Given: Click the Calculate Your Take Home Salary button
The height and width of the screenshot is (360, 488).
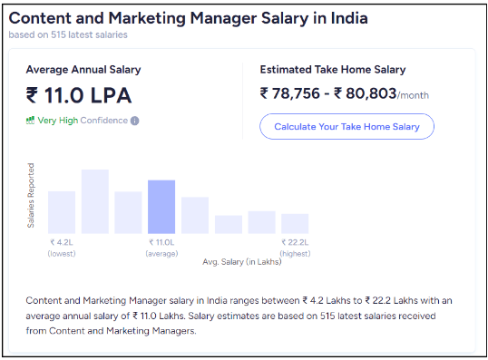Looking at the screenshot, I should point(346,127).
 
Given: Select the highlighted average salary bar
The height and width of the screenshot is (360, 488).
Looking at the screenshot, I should point(161,207).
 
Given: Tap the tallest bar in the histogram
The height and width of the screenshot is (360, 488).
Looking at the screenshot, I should point(95,201).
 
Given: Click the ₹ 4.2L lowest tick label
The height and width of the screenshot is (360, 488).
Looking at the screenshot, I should point(62,242).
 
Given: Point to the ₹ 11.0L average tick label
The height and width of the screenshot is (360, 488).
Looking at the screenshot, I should point(161,242).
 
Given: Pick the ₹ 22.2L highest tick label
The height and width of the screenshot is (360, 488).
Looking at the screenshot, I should point(295,242).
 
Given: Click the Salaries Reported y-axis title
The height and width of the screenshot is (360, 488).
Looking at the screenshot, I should point(32,195).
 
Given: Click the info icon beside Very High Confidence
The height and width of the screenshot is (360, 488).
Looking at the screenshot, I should point(135,121).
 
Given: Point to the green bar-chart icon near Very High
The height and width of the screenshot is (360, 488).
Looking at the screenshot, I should point(30,120).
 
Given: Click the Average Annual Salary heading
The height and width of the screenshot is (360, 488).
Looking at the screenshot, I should point(83,69).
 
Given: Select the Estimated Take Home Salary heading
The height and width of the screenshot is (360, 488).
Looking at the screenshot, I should point(332,69).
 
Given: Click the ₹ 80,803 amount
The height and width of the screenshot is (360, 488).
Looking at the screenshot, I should point(366,93).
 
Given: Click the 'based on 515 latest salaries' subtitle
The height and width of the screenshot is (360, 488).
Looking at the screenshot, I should point(68,35).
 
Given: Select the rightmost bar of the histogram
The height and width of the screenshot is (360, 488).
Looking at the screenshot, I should point(295,224).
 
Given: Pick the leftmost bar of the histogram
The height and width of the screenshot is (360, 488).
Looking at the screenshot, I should point(62,212).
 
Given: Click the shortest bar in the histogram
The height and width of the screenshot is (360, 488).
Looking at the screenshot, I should point(229,224).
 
